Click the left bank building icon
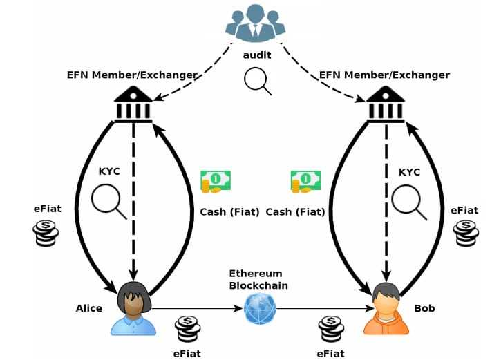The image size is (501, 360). point(133,104)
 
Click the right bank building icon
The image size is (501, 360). point(386,104)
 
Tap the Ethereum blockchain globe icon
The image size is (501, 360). point(260,308)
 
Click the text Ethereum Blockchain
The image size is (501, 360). point(258,279)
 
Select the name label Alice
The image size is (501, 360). point(88,308)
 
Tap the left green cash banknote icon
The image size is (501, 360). point(215,181)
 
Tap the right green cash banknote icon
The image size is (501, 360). point(305,181)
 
